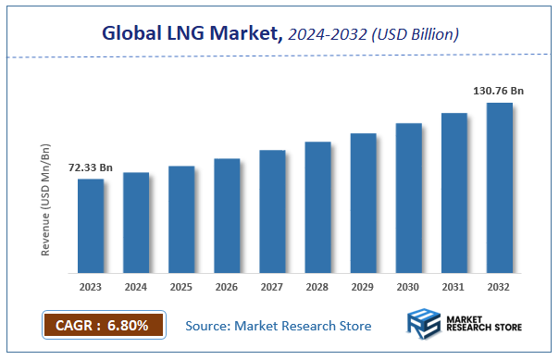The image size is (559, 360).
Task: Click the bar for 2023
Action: (x=90, y=226)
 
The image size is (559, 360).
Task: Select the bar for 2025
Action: (x=181, y=219)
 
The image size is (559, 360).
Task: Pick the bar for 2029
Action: (x=363, y=203)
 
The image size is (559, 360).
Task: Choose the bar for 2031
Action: (x=453, y=192)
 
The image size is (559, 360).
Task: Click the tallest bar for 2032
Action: (x=499, y=188)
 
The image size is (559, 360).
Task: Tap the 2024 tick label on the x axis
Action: (x=136, y=288)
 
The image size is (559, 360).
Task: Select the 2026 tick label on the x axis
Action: (x=227, y=288)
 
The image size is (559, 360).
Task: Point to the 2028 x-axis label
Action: (x=317, y=288)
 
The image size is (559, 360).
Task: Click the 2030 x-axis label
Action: (x=408, y=288)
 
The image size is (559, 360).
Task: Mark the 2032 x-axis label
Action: (x=499, y=288)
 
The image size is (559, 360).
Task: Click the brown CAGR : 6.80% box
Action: (x=103, y=326)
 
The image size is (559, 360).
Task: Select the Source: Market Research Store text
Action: (x=279, y=326)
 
